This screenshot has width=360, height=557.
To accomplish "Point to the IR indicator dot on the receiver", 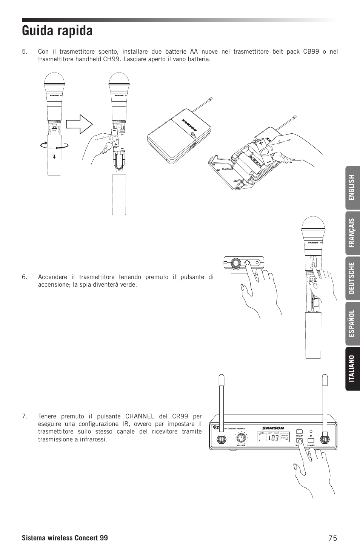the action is [x=311, y=431].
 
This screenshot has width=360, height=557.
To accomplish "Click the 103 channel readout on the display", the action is [x=274, y=438].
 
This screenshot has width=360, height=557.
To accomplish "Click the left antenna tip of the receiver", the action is [x=222, y=378].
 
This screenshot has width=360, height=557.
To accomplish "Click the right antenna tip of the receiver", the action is [x=324, y=378].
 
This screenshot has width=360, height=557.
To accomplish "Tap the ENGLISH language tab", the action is [x=352, y=188].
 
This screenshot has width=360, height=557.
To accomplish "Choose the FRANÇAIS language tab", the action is [x=352, y=233].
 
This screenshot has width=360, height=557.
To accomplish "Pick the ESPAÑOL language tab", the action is [x=352, y=323].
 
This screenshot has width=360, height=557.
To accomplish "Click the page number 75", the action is [x=332, y=538].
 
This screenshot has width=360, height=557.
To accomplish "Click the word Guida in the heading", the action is [x=38, y=31].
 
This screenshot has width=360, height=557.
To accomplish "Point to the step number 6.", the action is [x=25, y=277].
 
